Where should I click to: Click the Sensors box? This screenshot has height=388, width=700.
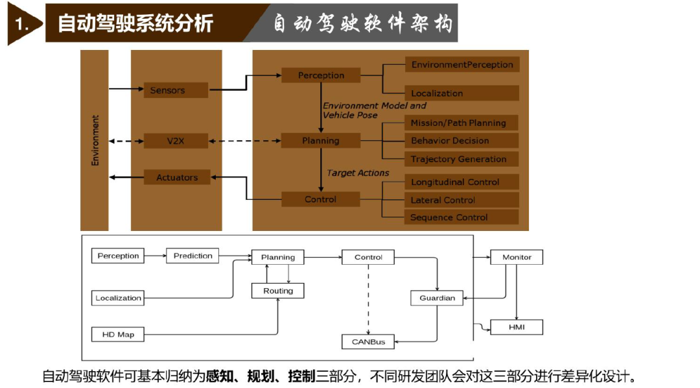[176, 90]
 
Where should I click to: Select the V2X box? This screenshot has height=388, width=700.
[176, 141]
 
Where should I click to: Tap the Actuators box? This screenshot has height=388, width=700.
[177, 178]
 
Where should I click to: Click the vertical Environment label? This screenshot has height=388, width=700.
[95, 140]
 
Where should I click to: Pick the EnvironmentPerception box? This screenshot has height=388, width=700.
[462, 64]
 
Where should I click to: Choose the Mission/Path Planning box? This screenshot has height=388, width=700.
[461, 123]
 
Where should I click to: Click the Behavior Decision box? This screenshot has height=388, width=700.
[461, 140]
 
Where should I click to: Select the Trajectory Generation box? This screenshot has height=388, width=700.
[461, 159]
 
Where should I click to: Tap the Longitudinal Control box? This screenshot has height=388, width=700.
[461, 182]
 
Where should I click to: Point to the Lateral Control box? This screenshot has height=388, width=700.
[461, 200]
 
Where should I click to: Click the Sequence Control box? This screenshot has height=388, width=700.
[461, 217]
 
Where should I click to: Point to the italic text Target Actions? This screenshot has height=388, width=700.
[358, 173]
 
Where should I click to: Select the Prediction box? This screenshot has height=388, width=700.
[192, 256]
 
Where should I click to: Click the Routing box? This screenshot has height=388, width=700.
[277, 291]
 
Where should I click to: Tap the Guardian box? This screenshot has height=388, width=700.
[437, 298]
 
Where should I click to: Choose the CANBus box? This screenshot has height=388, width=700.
[368, 341]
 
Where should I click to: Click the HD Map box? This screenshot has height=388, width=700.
[118, 334]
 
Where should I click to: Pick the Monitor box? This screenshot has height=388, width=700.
[517, 257]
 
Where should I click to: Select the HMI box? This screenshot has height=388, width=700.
[517, 327]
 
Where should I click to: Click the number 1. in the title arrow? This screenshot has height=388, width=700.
[21, 24]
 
